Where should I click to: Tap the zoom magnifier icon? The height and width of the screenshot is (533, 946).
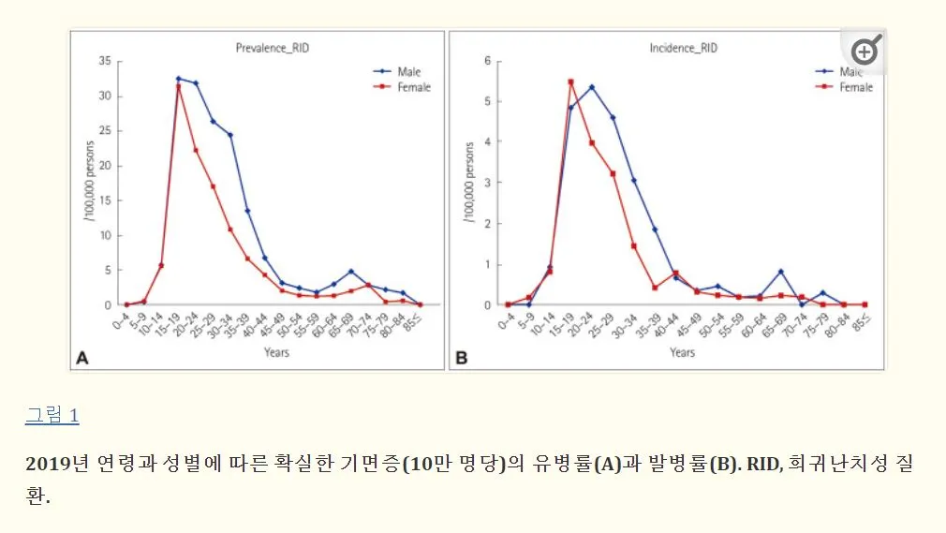pyautogui.click(x=865, y=52)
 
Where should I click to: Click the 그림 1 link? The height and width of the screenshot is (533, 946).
pyautogui.click(x=52, y=416)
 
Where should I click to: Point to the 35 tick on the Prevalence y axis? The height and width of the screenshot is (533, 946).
pyautogui.click(x=104, y=61)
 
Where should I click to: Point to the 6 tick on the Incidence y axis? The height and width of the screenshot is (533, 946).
pyautogui.click(x=487, y=61)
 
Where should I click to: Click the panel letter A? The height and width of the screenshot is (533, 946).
pyautogui.click(x=82, y=357)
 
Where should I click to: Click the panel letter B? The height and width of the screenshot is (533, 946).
pyautogui.click(x=461, y=357)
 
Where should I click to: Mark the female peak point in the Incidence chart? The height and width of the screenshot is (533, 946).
pyautogui.click(x=570, y=81)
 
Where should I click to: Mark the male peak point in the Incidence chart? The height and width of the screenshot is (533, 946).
pyautogui.click(x=591, y=87)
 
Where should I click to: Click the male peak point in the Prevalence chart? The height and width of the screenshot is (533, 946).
pyautogui.click(x=178, y=79)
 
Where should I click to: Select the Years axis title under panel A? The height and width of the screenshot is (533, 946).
pyautogui.click(x=275, y=352)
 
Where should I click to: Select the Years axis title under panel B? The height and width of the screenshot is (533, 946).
pyautogui.click(x=682, y=352)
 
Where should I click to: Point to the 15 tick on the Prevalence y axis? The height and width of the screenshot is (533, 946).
pyautogui.click(x=104, y=200)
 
